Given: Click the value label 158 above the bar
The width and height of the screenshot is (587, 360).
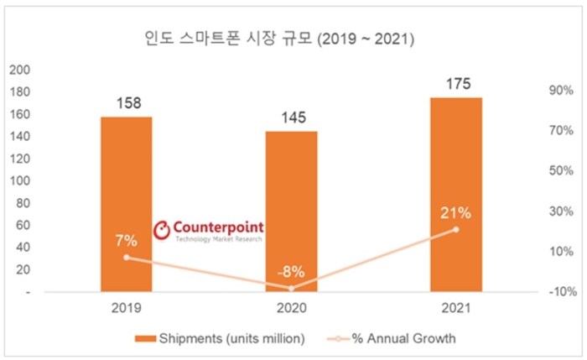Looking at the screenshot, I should coord(126,104).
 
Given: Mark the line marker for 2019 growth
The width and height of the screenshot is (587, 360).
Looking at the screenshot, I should coord(126,258).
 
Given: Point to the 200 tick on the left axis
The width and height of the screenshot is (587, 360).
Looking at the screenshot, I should coord(19,70).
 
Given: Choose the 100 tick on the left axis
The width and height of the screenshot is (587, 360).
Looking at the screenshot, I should coord(19,180).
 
